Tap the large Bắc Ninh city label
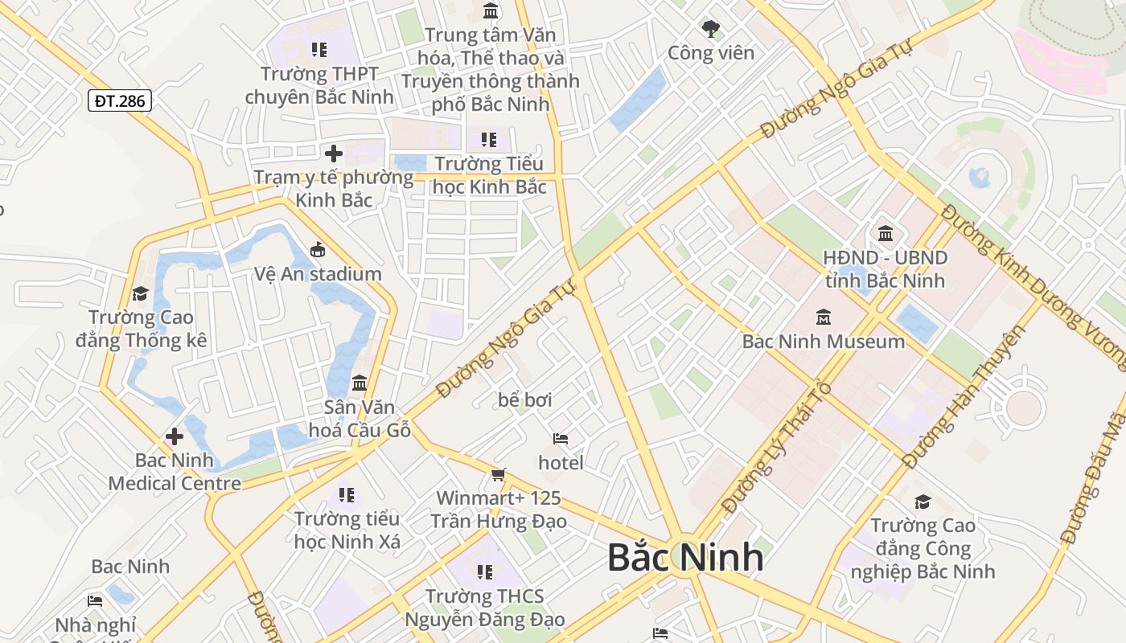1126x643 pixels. pos(684,557)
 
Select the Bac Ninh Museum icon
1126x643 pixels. pos(823,317)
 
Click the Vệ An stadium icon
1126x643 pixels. pos(318,250)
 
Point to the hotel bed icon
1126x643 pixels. pos(561,439)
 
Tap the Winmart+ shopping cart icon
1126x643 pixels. pos(499,475)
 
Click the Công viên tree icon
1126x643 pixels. pos(711,30)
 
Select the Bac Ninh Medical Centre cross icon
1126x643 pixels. pos(174,436)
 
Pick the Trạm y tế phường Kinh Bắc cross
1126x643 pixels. pos(334,153)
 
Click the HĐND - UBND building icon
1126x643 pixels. pos(886,234)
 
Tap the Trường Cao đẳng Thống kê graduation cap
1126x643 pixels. pos(141,293)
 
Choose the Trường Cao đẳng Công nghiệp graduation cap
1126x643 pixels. pos(923,502)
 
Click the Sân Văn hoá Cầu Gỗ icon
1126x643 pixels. pos(360,383)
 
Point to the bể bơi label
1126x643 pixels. pos(525,399)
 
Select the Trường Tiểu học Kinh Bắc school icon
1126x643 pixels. pos(489,140)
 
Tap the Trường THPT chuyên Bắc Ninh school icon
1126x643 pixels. pos(319,50)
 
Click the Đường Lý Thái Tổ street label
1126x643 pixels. pos(775,447)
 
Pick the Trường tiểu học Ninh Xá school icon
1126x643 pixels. pos(347,495)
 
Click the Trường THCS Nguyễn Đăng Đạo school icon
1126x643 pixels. pos(484,572)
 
